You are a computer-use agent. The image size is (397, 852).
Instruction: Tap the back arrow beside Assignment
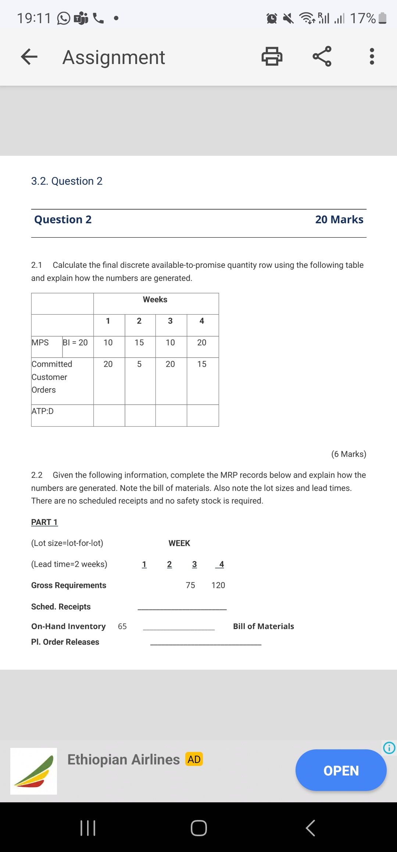(x=29, y=57)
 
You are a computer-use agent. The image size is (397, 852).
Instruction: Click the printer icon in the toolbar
(x=272, y=56)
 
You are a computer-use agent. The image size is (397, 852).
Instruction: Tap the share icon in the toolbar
(x=322, y=56)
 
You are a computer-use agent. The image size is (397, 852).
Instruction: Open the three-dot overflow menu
(x=372, y=56)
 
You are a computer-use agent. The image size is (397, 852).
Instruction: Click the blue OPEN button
(x=341, y=770)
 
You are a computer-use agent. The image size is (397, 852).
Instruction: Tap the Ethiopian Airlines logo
(x=34, y=771)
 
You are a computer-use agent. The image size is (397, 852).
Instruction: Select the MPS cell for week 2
(x=139, y=343)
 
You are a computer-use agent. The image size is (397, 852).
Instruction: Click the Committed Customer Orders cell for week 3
(x=170, y=364)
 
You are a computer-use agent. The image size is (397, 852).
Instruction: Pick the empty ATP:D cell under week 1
(x=109, y=415)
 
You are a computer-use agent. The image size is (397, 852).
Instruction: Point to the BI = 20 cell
(x=75, y=343)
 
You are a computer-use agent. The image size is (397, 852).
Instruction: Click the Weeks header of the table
(x=155, y=300)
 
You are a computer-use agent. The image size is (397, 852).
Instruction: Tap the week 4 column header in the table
(x=202, y=321)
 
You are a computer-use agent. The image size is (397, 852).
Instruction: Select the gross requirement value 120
(x=218, y=585)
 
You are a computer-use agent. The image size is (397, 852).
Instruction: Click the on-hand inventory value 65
(x=122, y=626)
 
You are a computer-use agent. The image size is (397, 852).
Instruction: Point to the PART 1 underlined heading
(x=44, y=522)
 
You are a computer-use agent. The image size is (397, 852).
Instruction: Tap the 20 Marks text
(x=339, y=220)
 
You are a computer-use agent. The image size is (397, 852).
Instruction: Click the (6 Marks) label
(x=349, y=454)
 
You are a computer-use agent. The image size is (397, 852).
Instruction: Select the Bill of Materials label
(x=264, y=626)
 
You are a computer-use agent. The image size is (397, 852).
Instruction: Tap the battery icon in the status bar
(x=382, y=18)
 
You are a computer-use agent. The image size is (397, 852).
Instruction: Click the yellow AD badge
(x=194, y=759)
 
